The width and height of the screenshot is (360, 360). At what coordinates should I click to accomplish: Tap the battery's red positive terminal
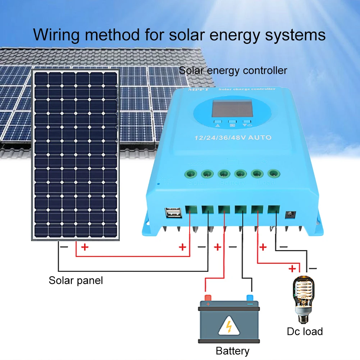(x=208, y=298)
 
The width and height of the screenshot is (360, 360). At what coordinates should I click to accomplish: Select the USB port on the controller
(x=174, y=213)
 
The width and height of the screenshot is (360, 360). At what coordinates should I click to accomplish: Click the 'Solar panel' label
(x=76, y=280)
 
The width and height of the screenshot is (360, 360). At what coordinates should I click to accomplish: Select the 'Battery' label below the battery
(x=232, y=351)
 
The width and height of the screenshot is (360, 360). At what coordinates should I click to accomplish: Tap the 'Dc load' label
(x=305, y=331)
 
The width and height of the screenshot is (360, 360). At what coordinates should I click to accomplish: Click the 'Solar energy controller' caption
(x=233, y=70)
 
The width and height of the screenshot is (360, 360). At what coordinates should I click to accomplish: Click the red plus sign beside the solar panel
(x=85, y=247)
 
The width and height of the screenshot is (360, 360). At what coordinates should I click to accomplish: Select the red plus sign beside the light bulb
(x=293, y=268)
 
